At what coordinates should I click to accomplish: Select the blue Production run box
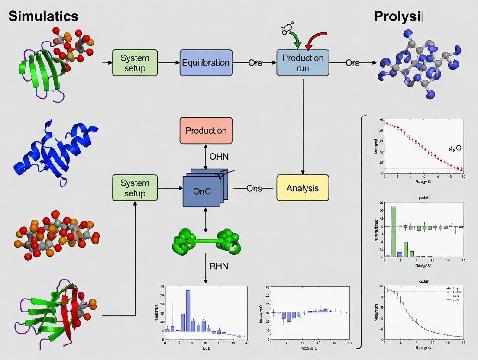click(x=303, y=63)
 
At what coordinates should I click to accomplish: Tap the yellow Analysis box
click(x=303, y=188)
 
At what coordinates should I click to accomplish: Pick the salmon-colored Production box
click(x=206, y=130)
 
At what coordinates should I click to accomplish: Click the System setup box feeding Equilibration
click(x=135, y=63)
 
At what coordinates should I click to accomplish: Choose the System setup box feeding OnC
click(x=135, y=188)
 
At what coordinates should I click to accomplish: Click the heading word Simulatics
click(x=43, y=16)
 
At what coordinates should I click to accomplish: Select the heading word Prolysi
click(x=397, y=16)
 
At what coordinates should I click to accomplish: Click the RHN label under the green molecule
click(x=218, y=266)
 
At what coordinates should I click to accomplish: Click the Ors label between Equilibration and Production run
click(x=255, y=63)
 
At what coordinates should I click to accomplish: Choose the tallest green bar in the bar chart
click(x=394, y=231)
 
